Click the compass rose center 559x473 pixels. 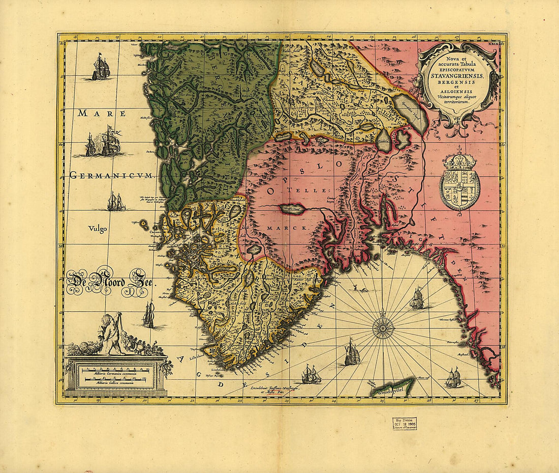tap(383, 328)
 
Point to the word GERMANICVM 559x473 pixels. tap(111, 176)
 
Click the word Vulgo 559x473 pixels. tap(97, 229)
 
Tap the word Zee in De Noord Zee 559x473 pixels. tap(135, 284)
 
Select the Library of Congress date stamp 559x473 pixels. tap(404, 424)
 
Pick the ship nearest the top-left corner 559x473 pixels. tap(101, 67)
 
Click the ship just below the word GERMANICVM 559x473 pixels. tap(116, 202)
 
